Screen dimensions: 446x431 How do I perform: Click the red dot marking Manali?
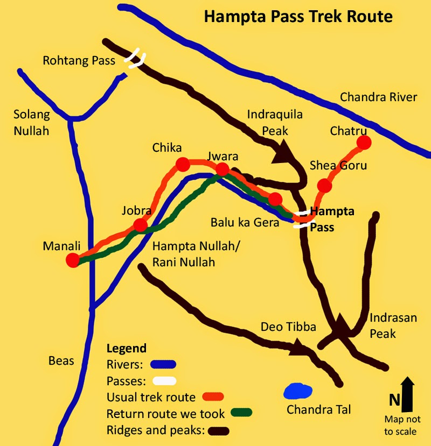[72, 260]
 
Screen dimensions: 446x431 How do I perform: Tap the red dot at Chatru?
[364, 143]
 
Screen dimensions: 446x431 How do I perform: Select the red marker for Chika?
[183, 164]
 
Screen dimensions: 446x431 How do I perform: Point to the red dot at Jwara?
[222, 170]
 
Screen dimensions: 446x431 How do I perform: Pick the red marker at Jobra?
[140, 225]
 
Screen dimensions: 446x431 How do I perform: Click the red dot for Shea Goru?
[324, 186]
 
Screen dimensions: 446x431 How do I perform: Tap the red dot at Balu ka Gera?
[275, 199]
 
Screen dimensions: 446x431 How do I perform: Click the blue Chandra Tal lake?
[298, 391]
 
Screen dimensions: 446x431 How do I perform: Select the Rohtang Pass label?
[79, 61]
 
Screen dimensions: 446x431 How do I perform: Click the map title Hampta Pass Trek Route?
[298, 17]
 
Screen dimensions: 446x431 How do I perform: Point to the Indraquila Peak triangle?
[282, 154]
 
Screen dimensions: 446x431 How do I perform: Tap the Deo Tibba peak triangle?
[297, 348]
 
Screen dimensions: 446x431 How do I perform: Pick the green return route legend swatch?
[241, 414]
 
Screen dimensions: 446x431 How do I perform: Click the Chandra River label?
[378, 97]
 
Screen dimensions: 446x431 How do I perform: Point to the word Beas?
[61, 360]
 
